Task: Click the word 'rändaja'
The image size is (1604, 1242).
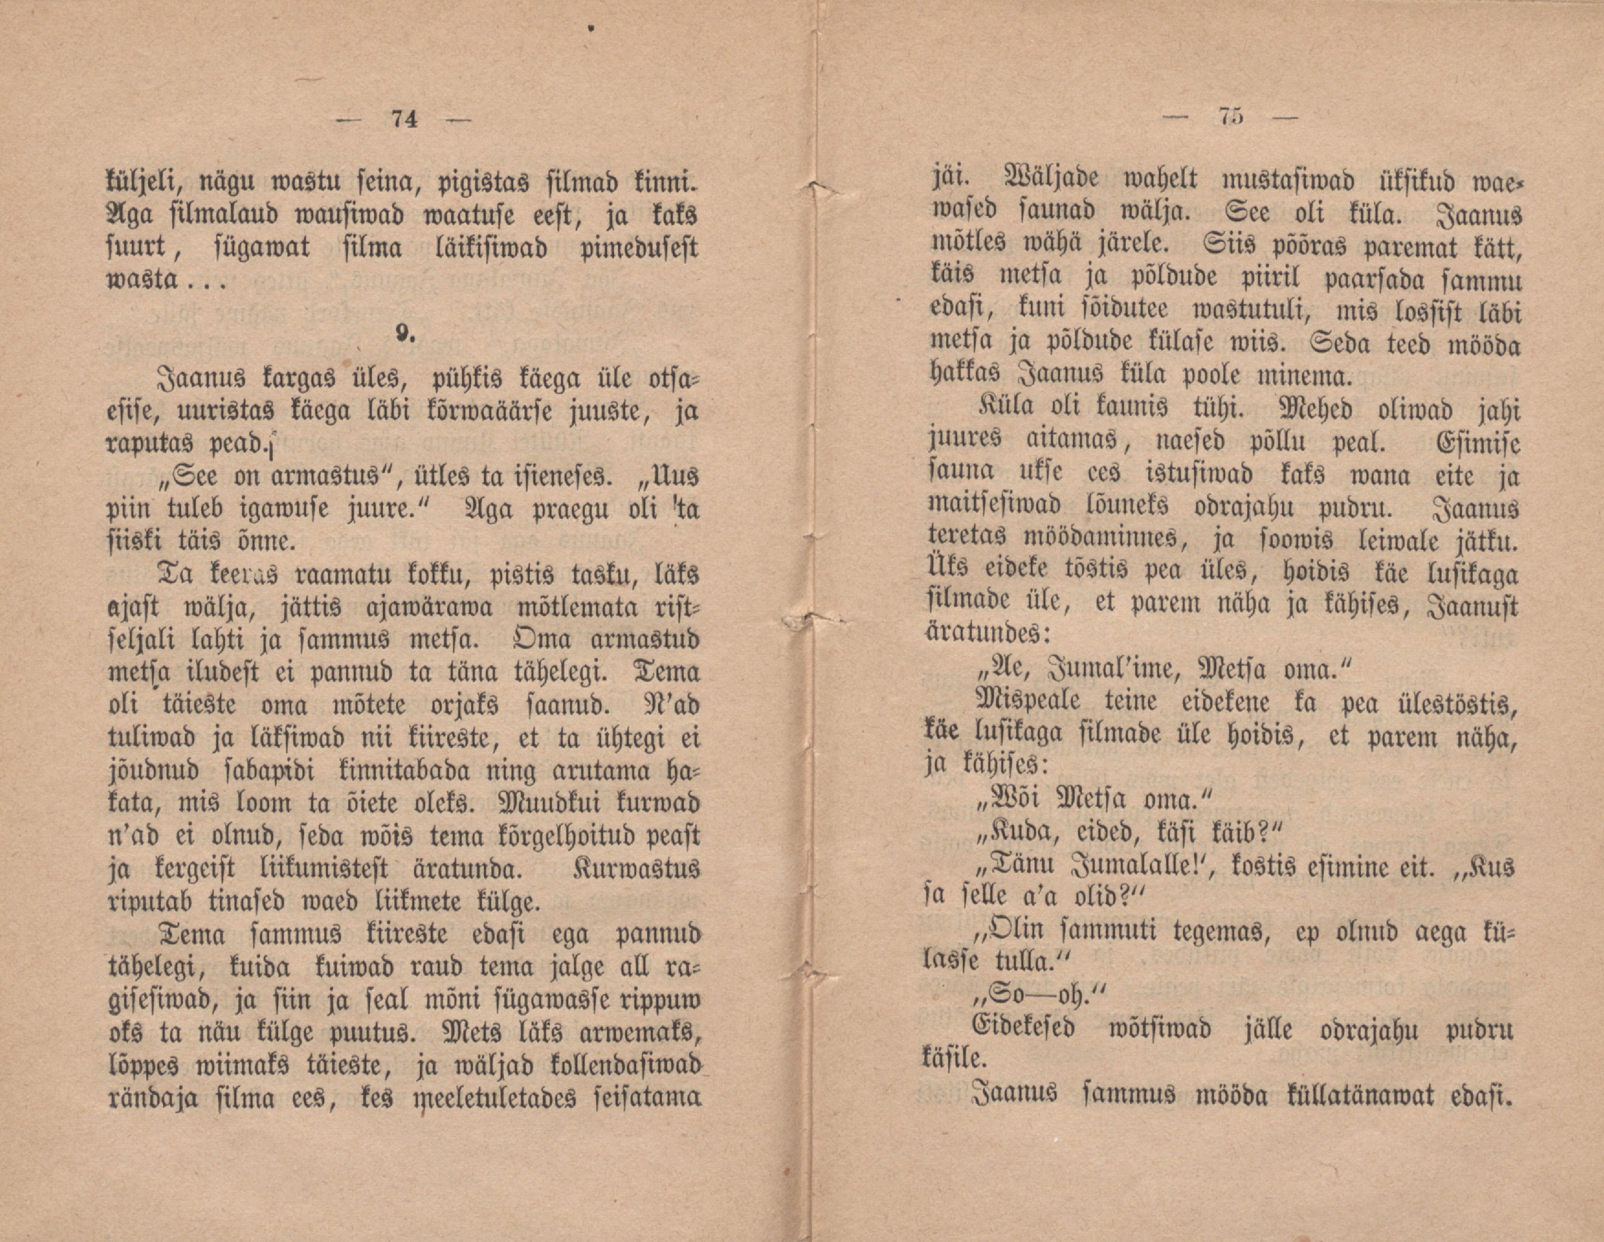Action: [150, 1099]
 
